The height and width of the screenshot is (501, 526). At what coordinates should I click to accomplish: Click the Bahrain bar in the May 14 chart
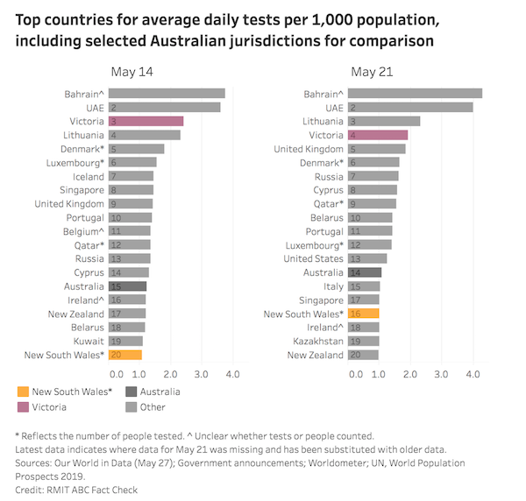coord(167,94)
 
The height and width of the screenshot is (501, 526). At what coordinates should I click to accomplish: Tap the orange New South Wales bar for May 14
coord(125,355)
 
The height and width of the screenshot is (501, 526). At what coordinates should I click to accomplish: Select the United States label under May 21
coord(313,258)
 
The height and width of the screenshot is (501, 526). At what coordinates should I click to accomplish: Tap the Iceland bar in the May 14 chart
coord(131,176)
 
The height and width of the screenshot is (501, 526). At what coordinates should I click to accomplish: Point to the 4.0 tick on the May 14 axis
coord(232,375)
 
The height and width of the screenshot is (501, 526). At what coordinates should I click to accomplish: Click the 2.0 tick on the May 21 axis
coord(409,375)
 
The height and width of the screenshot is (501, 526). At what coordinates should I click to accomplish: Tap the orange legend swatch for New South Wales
coord(23,391)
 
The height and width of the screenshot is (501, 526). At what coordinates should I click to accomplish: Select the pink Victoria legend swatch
coord(23,406)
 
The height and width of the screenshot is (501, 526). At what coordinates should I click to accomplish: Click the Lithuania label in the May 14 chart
coord(84,135)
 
